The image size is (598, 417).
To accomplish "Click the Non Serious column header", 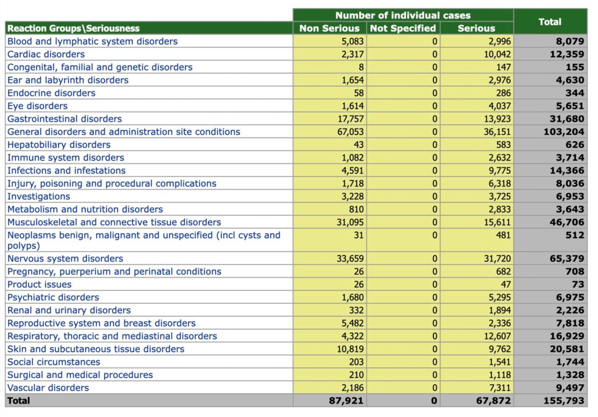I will (329, 28).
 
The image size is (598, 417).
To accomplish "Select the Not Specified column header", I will (403, 28).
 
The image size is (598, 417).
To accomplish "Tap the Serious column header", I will (477, 28).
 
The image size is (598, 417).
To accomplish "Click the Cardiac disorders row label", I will (46, 54).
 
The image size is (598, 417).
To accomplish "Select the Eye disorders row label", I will (37, 106).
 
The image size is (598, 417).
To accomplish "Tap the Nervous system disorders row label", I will (65, 258).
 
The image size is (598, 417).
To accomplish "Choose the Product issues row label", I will (40, 285).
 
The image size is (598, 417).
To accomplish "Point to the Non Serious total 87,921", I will (347, 401).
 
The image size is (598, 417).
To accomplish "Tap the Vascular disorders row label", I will (48, 388).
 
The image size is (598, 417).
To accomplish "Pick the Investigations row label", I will (39, 197).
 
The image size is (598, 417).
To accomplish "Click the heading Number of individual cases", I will (403, 15).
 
